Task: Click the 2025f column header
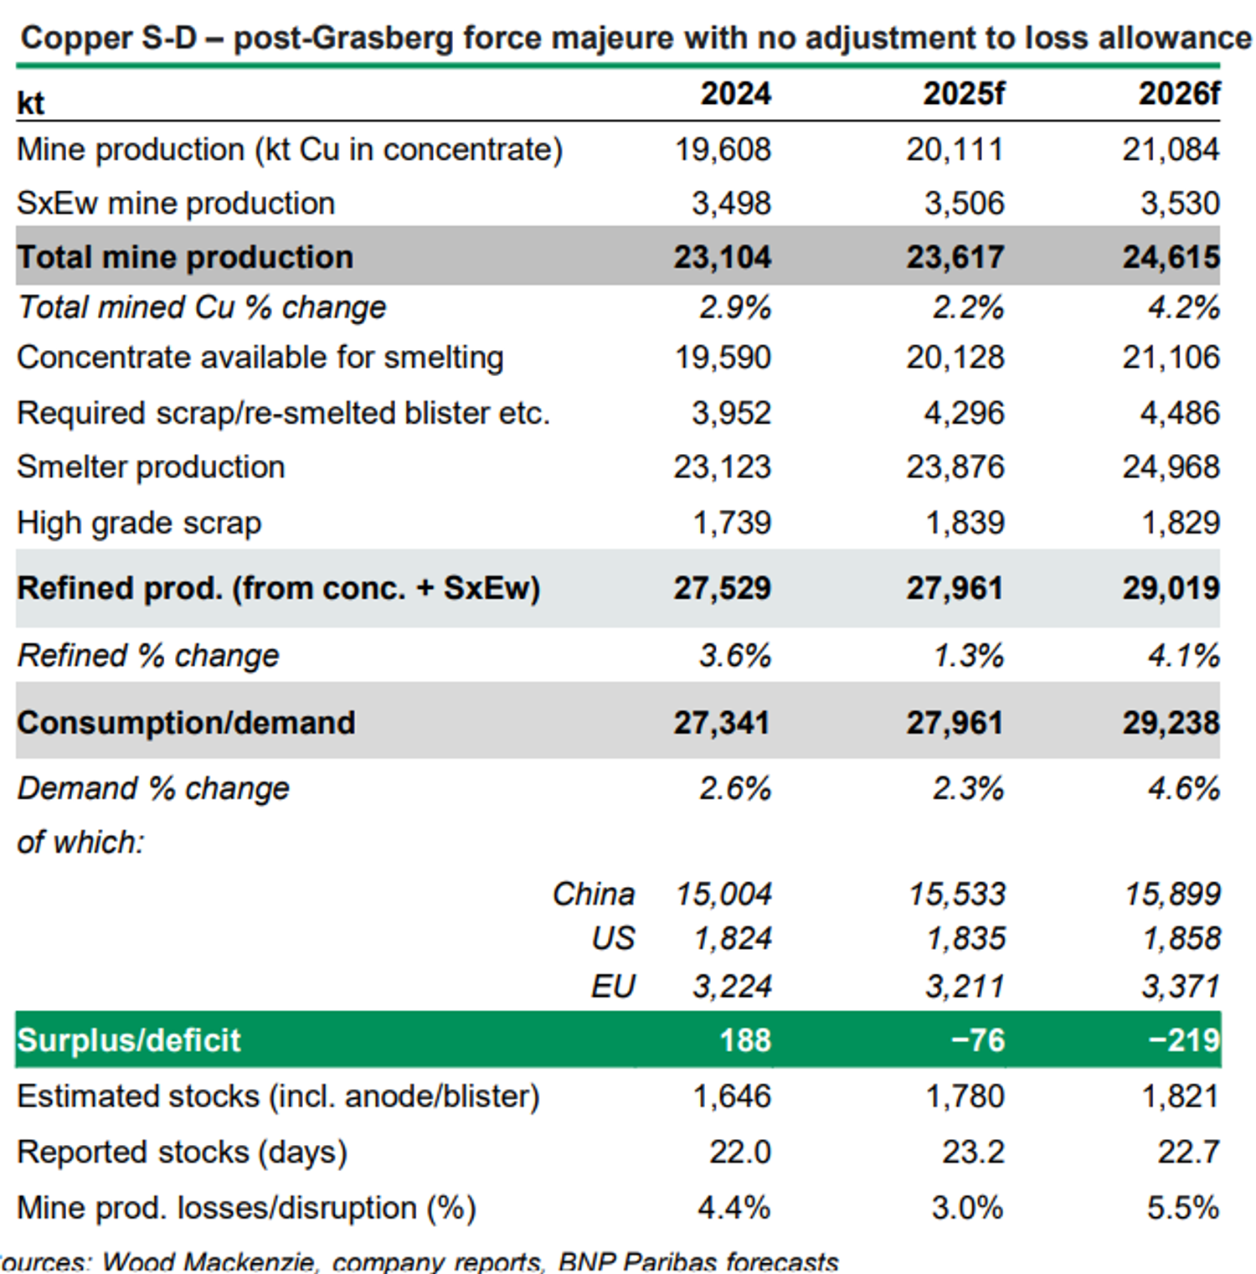click(x=963, y=94)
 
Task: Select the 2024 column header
click(x=735, y=94)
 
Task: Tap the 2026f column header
click(x=1179, y=94)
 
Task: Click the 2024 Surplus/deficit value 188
click(x=745, y=1040)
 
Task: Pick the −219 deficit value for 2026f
click(x=1184, y=1040)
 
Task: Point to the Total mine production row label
click(x=185, y=257)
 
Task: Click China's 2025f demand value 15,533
click(x=957, y=895)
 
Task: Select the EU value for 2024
click(x=732, y=987)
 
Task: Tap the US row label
click(x=613, y=939)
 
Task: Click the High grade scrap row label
click(x=139, y=524)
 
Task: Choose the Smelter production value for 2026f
click(x=1171, y=467)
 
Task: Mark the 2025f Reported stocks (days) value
click(x=973, y=1153)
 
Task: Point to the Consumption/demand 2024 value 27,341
click(x=722, y=723)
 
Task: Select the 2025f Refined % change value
click(x=968, y=656)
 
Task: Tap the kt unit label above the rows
click(x=31, y=103)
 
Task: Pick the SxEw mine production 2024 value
click(x=731, y=204)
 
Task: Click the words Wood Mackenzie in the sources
click(x=208, y=1261)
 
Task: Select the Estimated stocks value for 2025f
click(x=965, y=1096)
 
